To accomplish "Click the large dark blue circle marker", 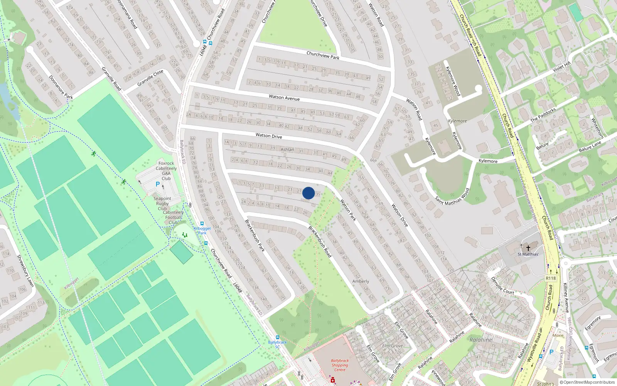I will tap(308, 193).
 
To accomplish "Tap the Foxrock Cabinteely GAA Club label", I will tap(166, 171).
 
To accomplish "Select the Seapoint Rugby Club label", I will tap(162, 203).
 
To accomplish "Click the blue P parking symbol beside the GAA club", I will tap(157, 185).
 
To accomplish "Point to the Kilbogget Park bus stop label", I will tap(202, 230).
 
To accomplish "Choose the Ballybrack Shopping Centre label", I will tap(340, 365).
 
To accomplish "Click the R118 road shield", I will tap(551, 278).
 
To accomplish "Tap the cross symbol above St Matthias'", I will tap(528, 247).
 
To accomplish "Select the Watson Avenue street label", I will tap(284, 98).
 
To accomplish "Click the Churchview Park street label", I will tap(323, 55).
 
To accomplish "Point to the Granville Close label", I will tap(150, 78).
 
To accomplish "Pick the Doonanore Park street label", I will tap(61, 87).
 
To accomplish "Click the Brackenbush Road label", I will tap(320, 242).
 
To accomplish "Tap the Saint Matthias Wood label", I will tap(452, 197).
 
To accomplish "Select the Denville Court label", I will tap(502, 286).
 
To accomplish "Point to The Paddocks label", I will tap(543, 115).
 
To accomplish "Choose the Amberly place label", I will tap(361, 281).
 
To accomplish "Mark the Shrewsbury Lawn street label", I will tap(25, 271).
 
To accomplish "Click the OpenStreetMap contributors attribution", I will tap(587, 382).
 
